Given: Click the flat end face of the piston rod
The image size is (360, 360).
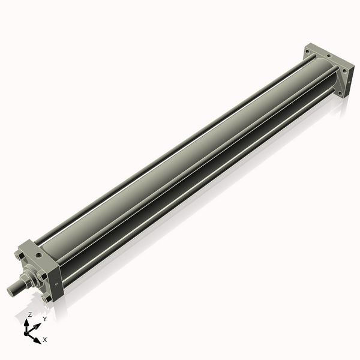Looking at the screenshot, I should point(10,291).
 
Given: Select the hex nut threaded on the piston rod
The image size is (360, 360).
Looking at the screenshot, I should point(27,280).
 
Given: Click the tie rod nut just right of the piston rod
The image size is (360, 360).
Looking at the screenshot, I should point(43,277).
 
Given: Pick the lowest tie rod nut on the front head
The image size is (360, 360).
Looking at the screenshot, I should point(45,298).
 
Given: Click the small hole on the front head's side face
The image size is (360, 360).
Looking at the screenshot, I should point(56,284).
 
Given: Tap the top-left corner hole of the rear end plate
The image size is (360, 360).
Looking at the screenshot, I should point(308,53).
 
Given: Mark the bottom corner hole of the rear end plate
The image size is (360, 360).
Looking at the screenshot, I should point(342,92).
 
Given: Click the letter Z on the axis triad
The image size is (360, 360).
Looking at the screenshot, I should point(30,314).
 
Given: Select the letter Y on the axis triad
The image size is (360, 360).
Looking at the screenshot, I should point(44,319).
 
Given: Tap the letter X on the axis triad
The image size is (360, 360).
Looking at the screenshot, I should point(45,340).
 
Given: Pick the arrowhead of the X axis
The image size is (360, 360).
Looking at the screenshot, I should point(38,339).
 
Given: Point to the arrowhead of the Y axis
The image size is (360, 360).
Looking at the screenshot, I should point(38,325).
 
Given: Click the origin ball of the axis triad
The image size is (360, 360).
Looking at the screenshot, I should point(27,332).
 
